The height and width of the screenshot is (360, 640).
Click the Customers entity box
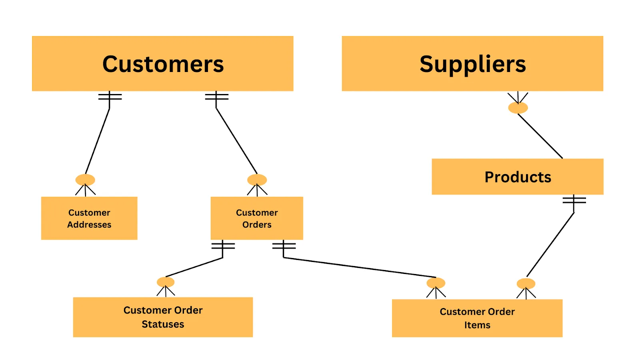[x=162, y=64]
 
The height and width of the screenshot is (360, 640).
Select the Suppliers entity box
[x=472, y=64]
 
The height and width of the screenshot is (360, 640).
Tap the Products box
[x=517, y=177]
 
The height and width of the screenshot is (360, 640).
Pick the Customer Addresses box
[x=89, y=218]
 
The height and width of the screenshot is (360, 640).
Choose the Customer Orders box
[x=257, y=218]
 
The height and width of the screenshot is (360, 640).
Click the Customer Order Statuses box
[x=163, y=317]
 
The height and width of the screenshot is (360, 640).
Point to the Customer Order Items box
[x=477, y=318]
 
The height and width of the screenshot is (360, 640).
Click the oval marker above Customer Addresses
[x=85, y=180]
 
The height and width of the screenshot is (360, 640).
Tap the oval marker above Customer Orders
[x=257, y=180]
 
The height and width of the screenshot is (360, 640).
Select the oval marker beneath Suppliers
[x=518, y=108]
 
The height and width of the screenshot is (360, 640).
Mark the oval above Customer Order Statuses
[x=166, y=282]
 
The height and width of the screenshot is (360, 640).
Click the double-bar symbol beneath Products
[x=574, y=200]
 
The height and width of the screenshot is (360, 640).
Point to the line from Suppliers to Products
[x=540, y=136]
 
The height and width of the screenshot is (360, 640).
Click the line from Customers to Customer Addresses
[x=98, y=141]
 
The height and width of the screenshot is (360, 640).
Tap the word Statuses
[x=163, y=324]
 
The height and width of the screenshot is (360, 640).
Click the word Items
[x=477, y=325]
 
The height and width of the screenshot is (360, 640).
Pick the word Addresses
[x=89, y=225]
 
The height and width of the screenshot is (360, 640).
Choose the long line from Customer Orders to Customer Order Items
[x=360, y=267]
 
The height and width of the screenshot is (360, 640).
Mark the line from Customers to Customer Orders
[x=236, y=141]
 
